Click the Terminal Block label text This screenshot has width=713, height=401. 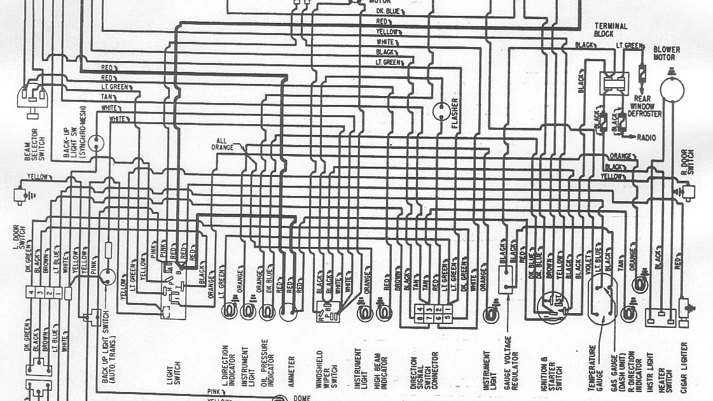click(610, 29)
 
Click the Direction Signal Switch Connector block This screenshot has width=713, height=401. click(422, 313)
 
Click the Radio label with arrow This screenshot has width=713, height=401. click(643, 137)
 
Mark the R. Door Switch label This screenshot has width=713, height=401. click(686, 162)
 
